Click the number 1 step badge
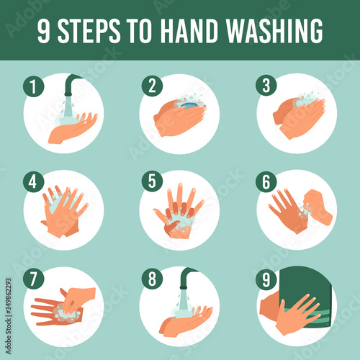point(34,86)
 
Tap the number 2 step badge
point(152,86)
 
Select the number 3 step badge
point(266,86)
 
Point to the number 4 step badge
point(34,181)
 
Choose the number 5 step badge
point(152,181)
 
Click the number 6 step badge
point(266,182)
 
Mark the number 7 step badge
point(34,279)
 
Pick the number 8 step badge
point(152,279)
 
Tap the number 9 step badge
point(266,279)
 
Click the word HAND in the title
point(189,31)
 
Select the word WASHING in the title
point(274,31)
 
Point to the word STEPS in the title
point(89,31)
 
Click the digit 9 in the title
point(44,31)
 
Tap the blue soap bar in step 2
point(189,106)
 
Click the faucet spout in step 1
point(72,85)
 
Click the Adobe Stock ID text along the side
point(9,316)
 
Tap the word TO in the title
point(140,31)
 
